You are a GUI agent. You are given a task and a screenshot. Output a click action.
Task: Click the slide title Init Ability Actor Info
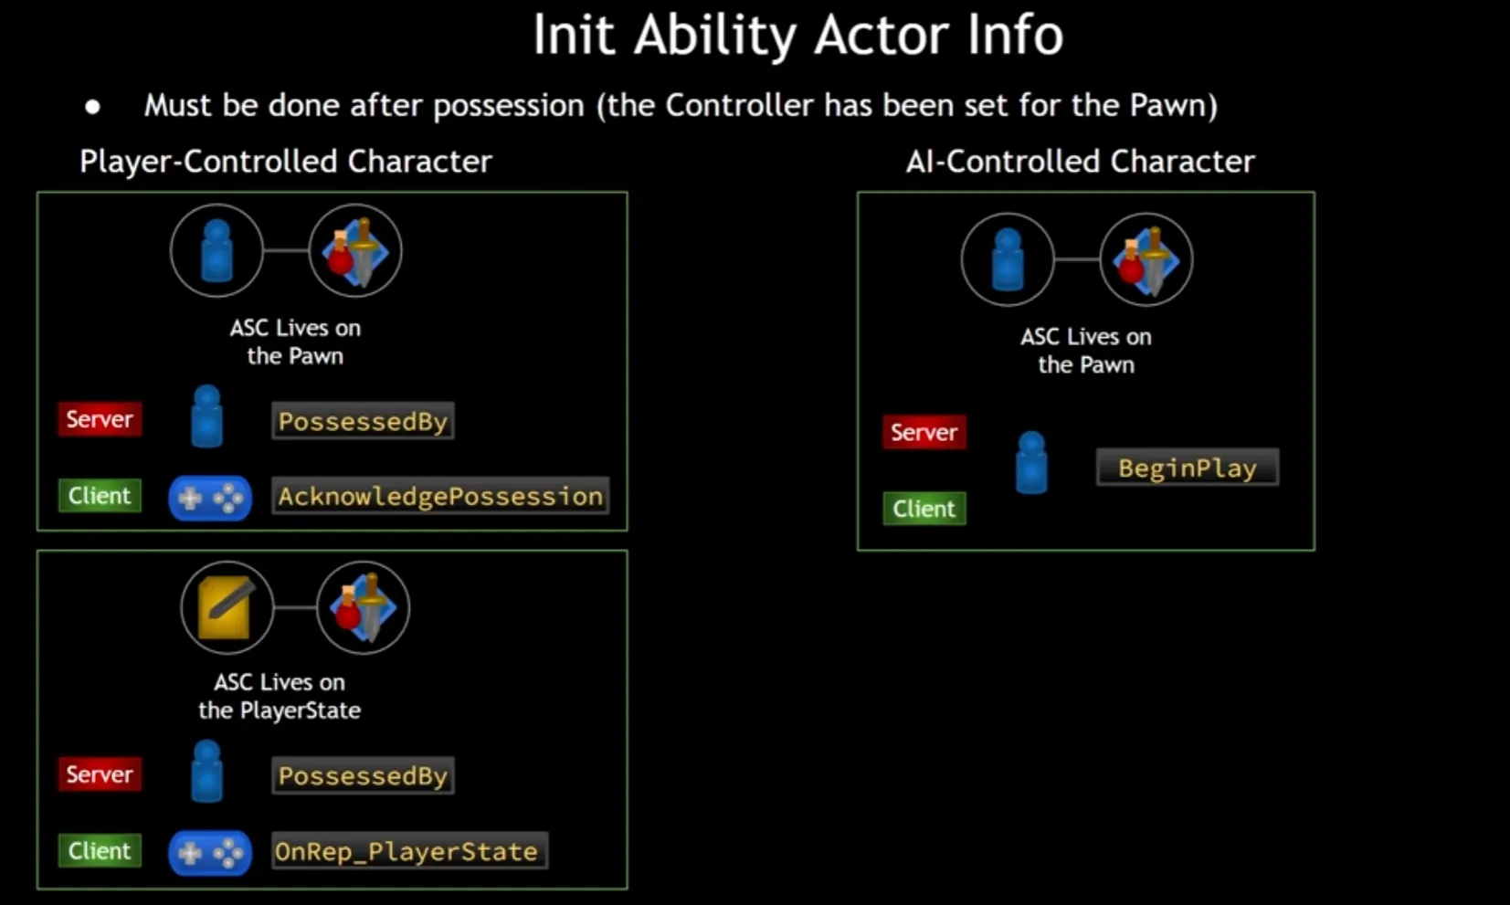coord(797,36)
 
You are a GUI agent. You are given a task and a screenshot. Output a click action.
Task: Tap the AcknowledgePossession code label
coord(440,496)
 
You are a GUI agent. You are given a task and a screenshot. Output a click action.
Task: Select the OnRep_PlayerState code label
coord(407,851)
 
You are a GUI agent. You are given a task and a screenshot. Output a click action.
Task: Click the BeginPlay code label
coord(1187,468)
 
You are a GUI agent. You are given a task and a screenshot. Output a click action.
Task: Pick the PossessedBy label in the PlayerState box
coord(363,775)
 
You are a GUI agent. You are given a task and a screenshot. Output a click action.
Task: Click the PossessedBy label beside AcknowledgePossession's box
coord(363,421)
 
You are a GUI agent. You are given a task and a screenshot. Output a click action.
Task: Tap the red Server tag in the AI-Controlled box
coord(924,432)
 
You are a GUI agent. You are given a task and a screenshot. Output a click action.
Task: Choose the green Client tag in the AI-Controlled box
coord(924,509)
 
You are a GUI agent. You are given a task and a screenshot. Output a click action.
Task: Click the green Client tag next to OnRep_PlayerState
coord(100,850)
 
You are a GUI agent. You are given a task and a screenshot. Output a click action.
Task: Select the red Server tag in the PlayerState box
coord(100,774)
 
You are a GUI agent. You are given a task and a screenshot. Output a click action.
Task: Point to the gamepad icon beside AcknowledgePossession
coord(209,498)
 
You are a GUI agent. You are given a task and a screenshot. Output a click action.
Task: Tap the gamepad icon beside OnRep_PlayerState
coord(209,853)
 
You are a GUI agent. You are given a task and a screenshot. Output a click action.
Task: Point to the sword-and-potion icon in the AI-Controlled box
coord(1146,259)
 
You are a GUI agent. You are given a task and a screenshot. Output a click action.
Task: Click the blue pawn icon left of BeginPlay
coord(1031,463)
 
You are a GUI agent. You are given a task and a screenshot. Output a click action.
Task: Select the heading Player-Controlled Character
coord(285,162)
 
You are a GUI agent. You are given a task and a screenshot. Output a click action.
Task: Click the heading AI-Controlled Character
coord(1080,162)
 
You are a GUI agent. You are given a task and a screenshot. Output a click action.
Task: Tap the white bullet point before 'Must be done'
coord(92,107)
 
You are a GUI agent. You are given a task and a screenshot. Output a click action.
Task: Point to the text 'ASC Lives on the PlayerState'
coord(280,696)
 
